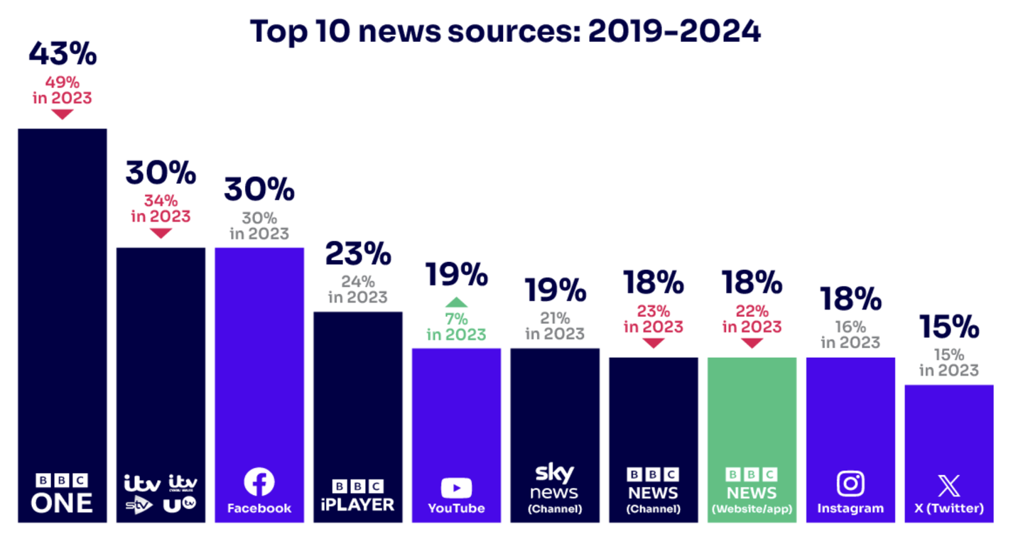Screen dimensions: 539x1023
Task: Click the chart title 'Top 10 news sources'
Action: click(x=505, y=31)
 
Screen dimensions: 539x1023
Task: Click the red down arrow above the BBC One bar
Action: click(x=63, y=114)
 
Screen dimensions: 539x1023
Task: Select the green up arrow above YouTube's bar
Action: click(x=456, y=301)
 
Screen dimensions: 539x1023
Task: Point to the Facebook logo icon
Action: click(x=259, y=483)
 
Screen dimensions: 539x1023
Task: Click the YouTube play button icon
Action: click(x=456, y=488)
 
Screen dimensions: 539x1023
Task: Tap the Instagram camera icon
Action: click(x=850, y=484)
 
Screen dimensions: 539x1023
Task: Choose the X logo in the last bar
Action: click(x=948, y=486)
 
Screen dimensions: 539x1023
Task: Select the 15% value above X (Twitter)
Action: click(x=949, y=326)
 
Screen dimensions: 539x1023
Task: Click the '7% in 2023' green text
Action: click(x=456, y=327)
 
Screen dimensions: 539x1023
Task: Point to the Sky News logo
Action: click(x=554, y=481)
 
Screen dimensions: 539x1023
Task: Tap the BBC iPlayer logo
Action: click(x=358, y=495)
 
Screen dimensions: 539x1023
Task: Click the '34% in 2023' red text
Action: click(x=161, y=207)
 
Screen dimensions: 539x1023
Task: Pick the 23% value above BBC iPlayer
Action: click(x=358, y=254)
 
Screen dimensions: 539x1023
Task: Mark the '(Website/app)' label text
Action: click(x=752, y=508)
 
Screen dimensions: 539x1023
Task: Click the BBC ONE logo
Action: click(x=63, y=493)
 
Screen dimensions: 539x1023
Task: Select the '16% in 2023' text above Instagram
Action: click(x=850, y=334)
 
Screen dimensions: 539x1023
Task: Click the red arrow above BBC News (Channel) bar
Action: click(x=653, y=343)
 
